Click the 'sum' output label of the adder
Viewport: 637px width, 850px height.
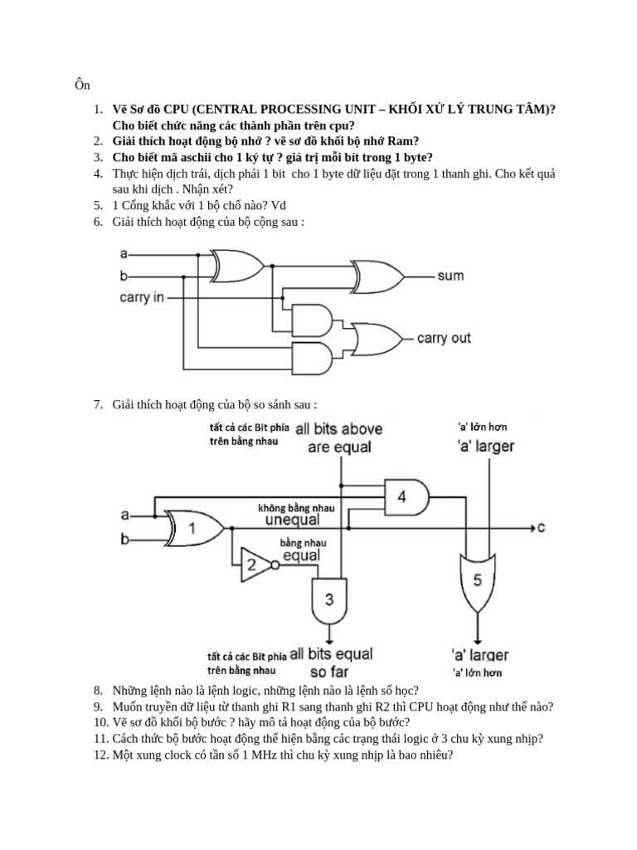450,276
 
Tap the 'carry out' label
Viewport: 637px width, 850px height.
444,338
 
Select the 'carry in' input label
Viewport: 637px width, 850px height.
142,297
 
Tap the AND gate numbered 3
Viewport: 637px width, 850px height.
329,599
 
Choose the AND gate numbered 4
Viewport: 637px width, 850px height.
404,496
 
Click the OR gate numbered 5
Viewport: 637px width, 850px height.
476,579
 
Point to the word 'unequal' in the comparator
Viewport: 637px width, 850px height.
292,520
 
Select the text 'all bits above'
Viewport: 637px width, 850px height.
339,429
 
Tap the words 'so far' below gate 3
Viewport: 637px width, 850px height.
329,671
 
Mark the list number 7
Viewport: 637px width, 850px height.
97,404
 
